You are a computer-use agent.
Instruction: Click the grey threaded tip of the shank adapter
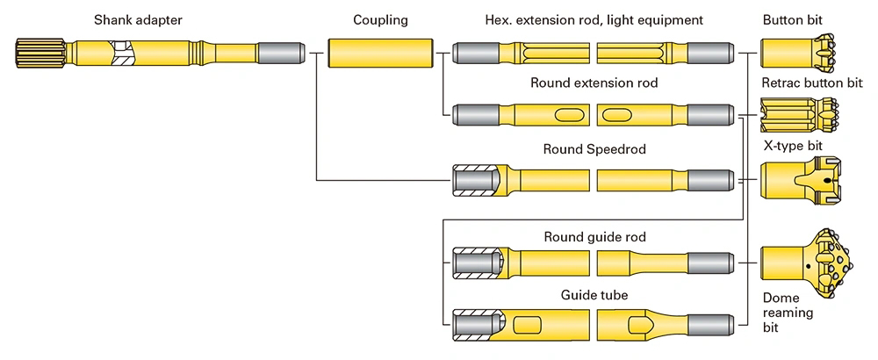point(279,54)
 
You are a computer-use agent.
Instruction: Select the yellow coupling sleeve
point(381,54)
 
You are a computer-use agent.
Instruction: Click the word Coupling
point(380,19)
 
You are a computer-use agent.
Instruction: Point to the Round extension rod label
point(594,83)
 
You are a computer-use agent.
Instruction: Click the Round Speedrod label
point(594,149)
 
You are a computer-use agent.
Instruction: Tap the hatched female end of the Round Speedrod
point(474,180)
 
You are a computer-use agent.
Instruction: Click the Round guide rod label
point(594,237)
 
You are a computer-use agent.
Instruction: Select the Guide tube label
point(594,295)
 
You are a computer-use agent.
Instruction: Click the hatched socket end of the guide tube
point(474,325)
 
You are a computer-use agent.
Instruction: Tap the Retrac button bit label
point(812,83)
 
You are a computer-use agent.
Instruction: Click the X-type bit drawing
point(799,180)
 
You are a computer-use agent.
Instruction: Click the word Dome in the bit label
point(781,298)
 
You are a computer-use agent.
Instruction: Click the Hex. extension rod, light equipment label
point(594,19)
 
